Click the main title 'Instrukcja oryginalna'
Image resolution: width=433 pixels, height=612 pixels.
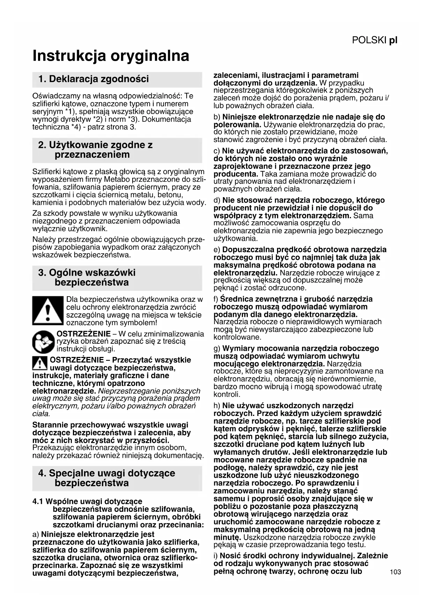[111, 56]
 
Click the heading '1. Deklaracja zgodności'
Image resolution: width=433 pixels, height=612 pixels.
[94, 79]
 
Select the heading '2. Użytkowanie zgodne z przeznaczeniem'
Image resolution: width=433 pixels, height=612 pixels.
[95, 150]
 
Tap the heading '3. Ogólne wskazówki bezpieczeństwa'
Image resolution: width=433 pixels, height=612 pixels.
[87, 278]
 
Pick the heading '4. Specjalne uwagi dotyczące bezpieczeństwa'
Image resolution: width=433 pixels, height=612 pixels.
[106, 478]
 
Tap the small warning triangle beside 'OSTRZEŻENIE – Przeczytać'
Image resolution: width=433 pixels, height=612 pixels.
[40, 363]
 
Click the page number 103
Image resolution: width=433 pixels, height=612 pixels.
[395, 572]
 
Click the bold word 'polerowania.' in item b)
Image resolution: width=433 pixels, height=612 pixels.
[237, 125]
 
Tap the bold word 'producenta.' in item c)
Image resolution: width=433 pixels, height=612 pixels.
[236, 174]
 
